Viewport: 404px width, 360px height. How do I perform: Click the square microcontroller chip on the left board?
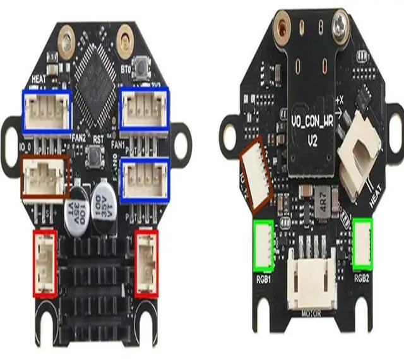tap(95, 69)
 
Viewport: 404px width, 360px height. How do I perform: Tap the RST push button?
tap(96, 153)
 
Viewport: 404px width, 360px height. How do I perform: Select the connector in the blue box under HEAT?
tap(47, 111)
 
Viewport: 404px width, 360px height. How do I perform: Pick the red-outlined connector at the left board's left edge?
tap(45, 263)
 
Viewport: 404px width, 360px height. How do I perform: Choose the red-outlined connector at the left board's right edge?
tap(146, 262)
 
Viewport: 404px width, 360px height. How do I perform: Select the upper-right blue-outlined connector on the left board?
tap(145, 110)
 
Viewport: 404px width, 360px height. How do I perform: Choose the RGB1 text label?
tap(263, 276)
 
